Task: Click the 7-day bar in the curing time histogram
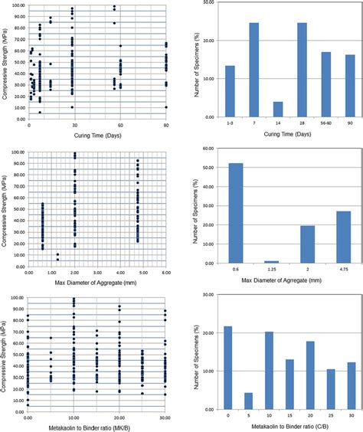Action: (254, 70)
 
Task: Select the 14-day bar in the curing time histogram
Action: (277, 110)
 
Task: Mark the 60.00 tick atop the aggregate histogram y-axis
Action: (206, 149)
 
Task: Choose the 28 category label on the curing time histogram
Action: (302, 124)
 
